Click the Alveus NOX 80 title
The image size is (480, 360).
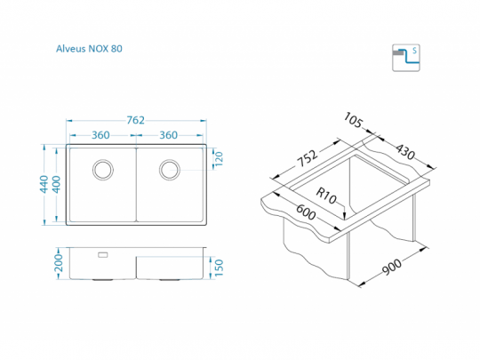click(89, 49)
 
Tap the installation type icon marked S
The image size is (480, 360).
click(406, 58)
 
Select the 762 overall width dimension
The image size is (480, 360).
click(136, 120)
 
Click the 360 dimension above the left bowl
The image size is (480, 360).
click(100, 135)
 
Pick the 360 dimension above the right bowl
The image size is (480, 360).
click(168, 135)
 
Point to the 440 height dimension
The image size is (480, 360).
click(44, 184)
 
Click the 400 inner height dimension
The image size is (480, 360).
click(57, 184)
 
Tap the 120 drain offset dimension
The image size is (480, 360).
click(219, 159)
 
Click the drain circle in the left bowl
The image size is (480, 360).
click(103, 170)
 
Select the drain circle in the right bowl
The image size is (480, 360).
click(170, 170)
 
